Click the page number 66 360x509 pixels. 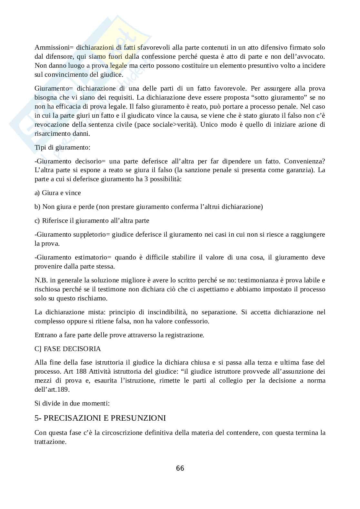(x=180, y=468)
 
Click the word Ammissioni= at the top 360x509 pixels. (x=52, y=48)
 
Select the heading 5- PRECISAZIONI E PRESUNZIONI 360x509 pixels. (x=100, y=418)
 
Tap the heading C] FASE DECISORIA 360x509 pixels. (x=67, y=349)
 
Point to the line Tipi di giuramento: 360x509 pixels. (x=62, y=147)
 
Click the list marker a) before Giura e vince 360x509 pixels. (x=37, y=193)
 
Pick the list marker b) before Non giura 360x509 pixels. (x=37, y=207)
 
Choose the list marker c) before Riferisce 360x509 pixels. (x=37, y=220)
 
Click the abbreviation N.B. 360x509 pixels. (x=41, y=280)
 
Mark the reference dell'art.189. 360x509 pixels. (x=52, y=389)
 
